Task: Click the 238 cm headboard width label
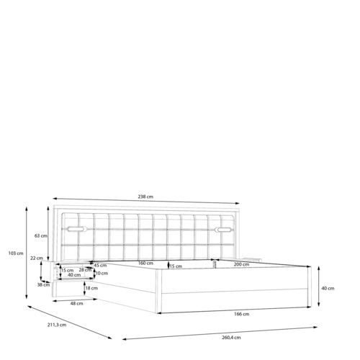[145, 197]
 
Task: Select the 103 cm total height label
[16, 253]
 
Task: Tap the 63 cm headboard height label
[41, 235]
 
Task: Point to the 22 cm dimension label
[37, 258]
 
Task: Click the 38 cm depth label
[43, 285]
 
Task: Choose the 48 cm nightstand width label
[76, 304]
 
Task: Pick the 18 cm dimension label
[91, 288]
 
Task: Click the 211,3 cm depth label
[57, 325]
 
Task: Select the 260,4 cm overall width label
[231, 338]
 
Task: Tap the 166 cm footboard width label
[242, 314]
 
